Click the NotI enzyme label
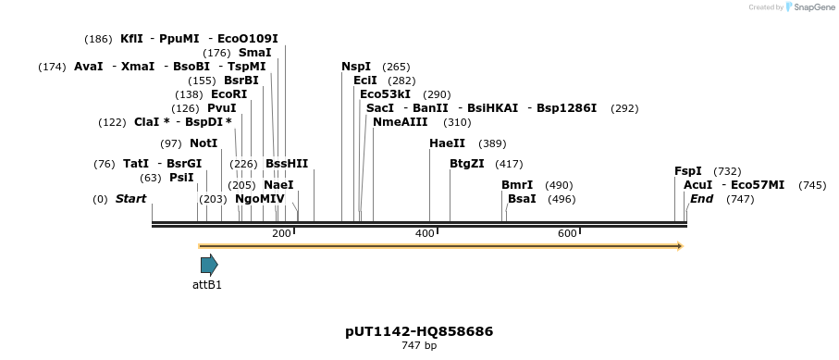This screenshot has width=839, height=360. click(204, 143)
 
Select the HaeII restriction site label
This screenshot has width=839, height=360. click(448, 143)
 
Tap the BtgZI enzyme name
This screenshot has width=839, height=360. click(466, 164)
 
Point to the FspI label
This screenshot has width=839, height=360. click(688, 171)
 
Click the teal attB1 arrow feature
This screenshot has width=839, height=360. click(209, 265)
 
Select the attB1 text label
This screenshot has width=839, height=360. click(207, 285)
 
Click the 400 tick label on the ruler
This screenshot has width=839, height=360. click(425, 233)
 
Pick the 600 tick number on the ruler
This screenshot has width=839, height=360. click(568, 233)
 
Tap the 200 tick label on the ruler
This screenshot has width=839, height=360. click(281, 233)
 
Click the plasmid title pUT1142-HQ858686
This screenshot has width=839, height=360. click(419, 331)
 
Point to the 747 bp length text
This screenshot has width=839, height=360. click(419, 346)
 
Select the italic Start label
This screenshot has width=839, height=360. click(130, 199)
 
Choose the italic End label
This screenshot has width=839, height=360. click(701, 199)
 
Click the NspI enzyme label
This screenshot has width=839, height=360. click(356, 67)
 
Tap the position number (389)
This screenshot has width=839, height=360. click(492, 143)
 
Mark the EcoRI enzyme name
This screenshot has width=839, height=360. click(229, 94)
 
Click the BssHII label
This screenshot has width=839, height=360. click(287, 164)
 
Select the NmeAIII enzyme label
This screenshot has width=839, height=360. click(401, 122)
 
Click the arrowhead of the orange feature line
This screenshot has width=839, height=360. click(680, 246)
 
